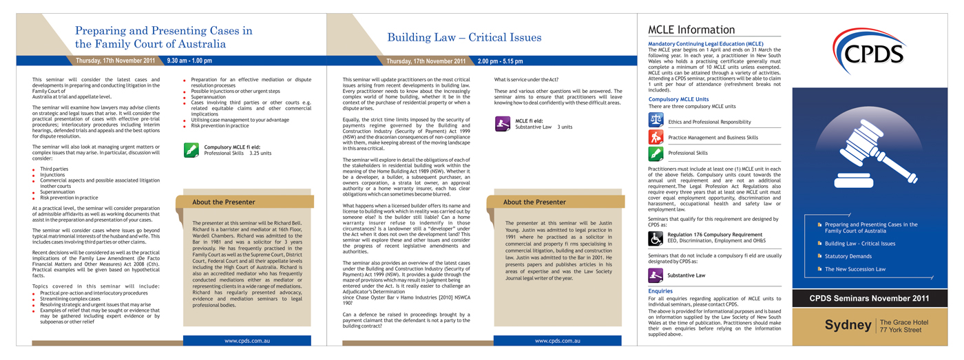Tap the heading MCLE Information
(691, 30)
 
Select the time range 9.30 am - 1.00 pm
(189, 61)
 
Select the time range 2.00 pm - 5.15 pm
(501, 61)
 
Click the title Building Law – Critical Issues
(464, 37)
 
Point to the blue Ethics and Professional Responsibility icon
(656, 121)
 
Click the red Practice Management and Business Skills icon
(656, 137)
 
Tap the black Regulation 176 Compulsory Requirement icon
(656, 238)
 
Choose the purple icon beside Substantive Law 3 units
(503, 124)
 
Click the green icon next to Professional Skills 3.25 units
(191, 150)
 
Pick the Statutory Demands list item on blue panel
(848, 256)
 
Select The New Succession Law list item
(855, 269)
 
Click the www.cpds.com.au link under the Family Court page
(246, 341)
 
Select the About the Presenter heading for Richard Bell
(224, 202)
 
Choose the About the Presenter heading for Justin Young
(534, 202)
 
